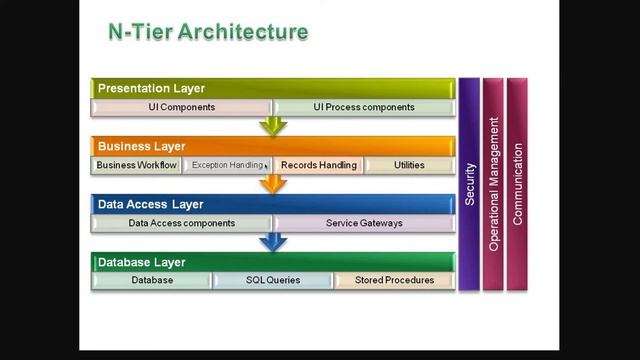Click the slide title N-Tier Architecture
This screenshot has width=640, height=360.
click(x=207, y=33)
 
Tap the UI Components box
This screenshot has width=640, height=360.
click(x=181, y=107)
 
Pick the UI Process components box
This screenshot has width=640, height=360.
click(x=363, y=107)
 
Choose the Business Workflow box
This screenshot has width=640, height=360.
click(x=136, y=165)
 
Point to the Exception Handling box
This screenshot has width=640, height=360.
click(x=226, y=165)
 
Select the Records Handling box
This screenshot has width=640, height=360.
click(x=318, y=165)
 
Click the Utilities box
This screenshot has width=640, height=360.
click(x=409, y=165)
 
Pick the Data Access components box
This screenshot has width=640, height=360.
click(x=181, y=223)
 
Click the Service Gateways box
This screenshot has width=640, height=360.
click(x=364, y=223)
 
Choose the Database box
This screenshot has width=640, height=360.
click(x=152, y=280)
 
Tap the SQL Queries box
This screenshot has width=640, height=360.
click(x=273, y=280)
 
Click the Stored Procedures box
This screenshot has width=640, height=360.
click(x=394, y=280)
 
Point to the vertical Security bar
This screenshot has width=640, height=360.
click(x=469, y=184)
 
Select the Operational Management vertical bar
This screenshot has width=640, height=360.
click(x=493, y=184)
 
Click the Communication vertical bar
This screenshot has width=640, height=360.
click(x=517, y=184)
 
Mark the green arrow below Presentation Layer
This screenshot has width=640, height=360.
click(x=272, y=126)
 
